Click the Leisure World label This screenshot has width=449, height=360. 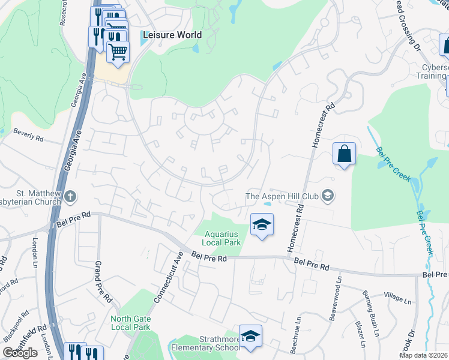[x=172, y=35]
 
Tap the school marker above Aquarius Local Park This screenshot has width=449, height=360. [x=262, y=225]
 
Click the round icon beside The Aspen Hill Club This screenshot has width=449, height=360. [x=328, y=195]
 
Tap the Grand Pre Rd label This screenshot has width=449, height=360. [x=103, y=282]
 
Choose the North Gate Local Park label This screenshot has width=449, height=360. [x=130, y=323]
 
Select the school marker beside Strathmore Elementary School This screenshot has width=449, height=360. [x=251, y=337]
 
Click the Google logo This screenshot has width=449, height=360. [x=20, y=353]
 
